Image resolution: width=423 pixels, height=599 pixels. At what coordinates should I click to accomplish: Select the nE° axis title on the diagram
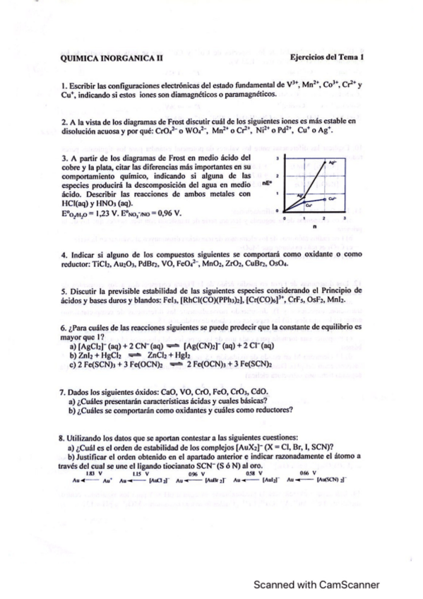click(x=267, y=182)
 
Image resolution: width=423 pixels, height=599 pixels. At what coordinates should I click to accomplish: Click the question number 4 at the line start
click(x=64, y=254)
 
